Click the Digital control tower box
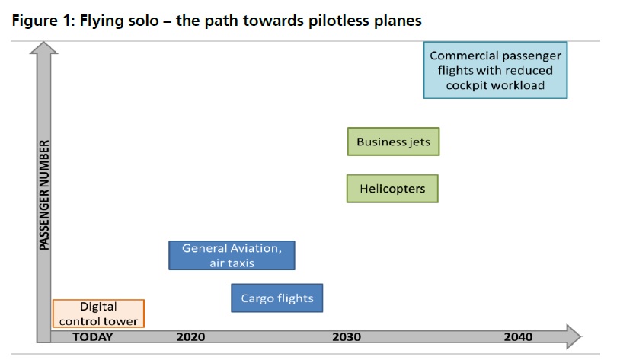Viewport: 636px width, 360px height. tap(98, 314)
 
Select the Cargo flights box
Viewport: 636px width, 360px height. tap(277, 298)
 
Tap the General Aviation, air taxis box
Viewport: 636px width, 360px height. tap(232, 256)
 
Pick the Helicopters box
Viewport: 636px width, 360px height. tap(392, 189)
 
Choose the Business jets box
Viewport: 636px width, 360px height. tap(393, 142)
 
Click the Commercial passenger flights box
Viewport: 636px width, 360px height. tap(495, 70)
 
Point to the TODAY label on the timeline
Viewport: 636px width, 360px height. tap(92, 337)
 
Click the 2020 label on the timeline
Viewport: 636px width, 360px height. tap(190, 337)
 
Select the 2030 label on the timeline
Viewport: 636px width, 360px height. tap(347, 337)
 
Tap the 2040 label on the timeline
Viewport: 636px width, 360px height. tap(518, 337)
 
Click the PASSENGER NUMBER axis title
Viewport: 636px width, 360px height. tap(44, 195)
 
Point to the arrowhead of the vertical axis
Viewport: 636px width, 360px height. tap(44, 48)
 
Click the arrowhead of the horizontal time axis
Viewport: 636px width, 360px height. tap(574, 336)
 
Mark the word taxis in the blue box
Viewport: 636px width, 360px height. tap(244, 263)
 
